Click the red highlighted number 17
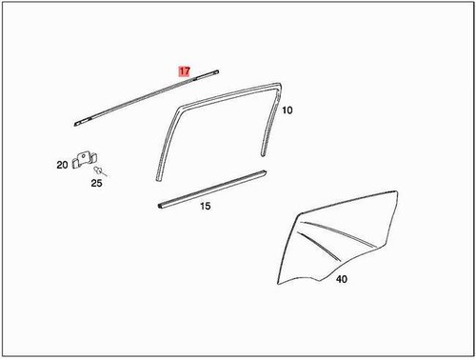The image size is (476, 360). (185, 70)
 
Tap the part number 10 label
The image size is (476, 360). (288, 110)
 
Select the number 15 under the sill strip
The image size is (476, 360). (205, 207)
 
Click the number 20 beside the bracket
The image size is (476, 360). (62, 165)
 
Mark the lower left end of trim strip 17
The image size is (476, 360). (77, 123)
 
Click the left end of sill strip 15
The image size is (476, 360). (158, 205)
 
